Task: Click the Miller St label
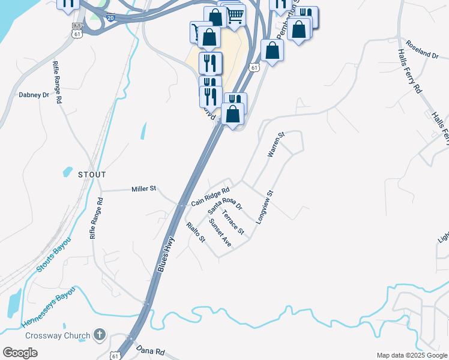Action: tap(143, 189)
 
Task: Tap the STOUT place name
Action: tap(92, 175)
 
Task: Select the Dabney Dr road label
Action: tap(34, 95)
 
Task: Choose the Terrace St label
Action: tap(233, 222)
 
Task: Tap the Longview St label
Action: tap(264, 208)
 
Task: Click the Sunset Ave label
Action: tap(220, 232)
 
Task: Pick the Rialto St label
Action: tap(196, 232)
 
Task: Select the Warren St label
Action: tap(276, 145)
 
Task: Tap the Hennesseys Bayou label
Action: tap(49, 307)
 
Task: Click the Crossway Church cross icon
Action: tap(100, 335)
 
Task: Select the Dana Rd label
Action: tap(151, 350)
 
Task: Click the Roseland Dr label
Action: tap(422, 49)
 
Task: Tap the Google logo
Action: tap(20, 353)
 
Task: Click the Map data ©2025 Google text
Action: tap(411, 355)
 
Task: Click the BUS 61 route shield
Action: tap(76, 31)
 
